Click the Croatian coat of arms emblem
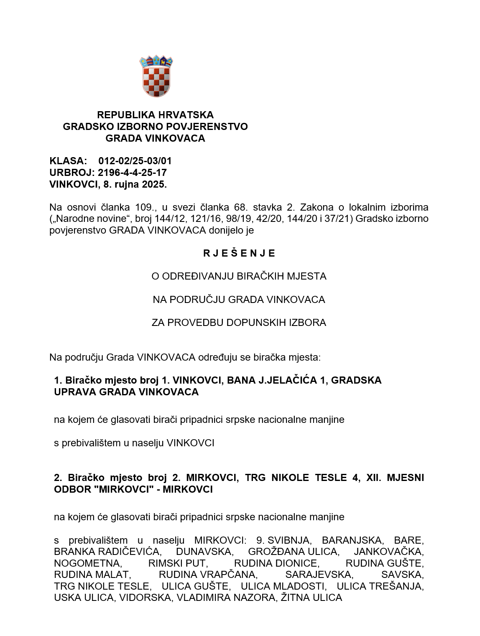(x=156, y=76)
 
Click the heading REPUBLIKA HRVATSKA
(x=155, y=115)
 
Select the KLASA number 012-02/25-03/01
(x=135, y=161)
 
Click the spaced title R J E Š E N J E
(x=239, y=253)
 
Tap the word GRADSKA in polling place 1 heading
(x=359, y=381)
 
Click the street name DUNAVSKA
(x=204, y=552)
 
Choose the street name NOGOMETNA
(x=87, y=563)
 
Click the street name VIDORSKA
(x=146, y=598)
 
